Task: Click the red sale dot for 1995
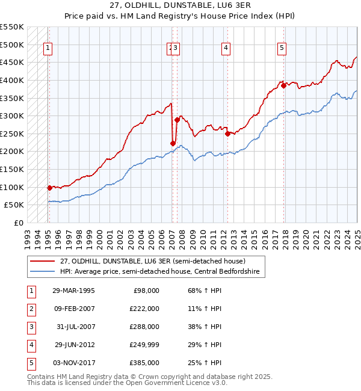coord(49,188)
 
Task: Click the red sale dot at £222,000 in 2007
coord(173,143)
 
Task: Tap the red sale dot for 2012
coord(227,134)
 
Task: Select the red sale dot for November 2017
coord(283,85)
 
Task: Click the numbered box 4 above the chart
coord(225,49)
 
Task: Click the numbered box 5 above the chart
coord(282,49)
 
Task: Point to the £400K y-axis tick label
coord(12,80)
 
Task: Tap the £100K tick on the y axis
coord(12,187)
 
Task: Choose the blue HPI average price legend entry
coord(159,272)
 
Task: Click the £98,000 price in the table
coord(145,291)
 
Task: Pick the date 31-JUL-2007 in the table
coord(73,327)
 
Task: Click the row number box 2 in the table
coord(30,309)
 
